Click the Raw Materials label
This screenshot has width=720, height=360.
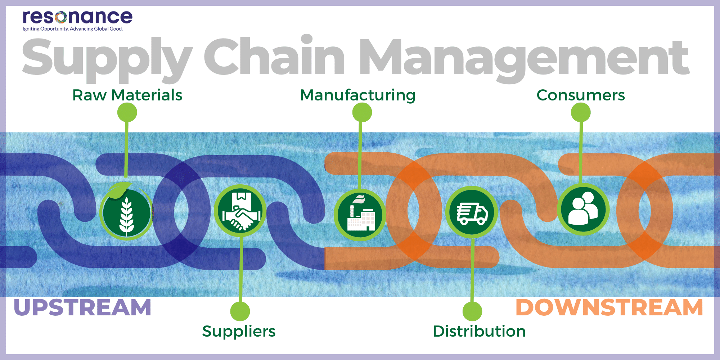tap(127, 95)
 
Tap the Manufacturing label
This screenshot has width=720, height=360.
tap(357, 95)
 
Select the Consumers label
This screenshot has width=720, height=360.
tap(580, 95)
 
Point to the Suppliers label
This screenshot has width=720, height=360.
tap(239, 331)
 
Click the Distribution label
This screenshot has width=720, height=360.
tap(479, 331)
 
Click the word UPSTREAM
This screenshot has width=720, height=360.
tap(82, 308)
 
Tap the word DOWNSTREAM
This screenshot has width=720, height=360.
tap(609, 308)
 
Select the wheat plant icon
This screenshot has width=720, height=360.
tap(126, 212)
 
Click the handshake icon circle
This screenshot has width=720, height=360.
tap(240, 211)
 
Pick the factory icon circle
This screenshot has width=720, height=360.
tap(360, 215)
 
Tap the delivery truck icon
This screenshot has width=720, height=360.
tap(472, 212)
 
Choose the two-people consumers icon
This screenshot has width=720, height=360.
tap(583, 210)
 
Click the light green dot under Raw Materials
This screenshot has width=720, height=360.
tap(127, 113)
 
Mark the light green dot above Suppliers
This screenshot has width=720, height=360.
tap(240, 311)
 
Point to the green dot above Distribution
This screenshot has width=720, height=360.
tap(472, 311)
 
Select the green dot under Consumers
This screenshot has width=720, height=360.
tap(581, 113)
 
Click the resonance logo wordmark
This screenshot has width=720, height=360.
tap(77, 17)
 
